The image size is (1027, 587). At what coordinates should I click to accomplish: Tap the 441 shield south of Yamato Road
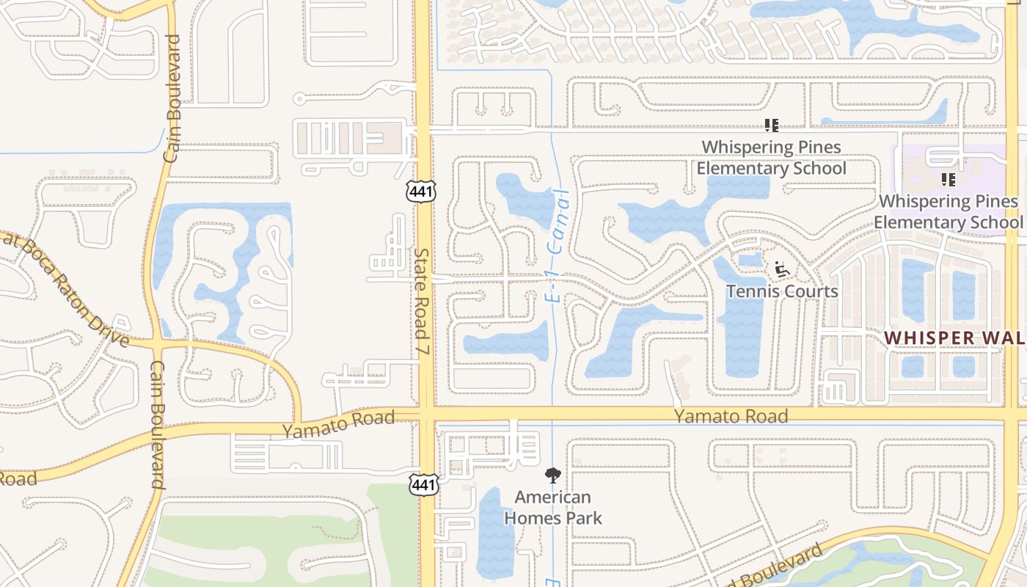point(425,484)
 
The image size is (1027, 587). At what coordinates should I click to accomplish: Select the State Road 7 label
point(422,302)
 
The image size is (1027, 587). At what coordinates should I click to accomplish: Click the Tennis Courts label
point(782,291)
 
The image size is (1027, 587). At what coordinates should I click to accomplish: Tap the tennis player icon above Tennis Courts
point(782,271)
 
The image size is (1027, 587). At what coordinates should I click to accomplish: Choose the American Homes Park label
point(553,508)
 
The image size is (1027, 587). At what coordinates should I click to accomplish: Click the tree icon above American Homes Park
point(552,475)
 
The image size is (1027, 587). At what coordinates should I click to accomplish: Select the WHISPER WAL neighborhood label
point(954,338)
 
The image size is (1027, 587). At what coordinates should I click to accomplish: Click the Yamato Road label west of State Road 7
point(339,424)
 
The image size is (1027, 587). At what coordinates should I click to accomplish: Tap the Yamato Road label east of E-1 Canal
point(731,417)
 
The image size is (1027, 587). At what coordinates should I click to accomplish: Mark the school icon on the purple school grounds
point(948,179)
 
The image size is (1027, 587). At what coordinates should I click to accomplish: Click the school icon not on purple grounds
point(771,125)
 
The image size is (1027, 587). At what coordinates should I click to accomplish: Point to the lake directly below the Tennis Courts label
point(741,338)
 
